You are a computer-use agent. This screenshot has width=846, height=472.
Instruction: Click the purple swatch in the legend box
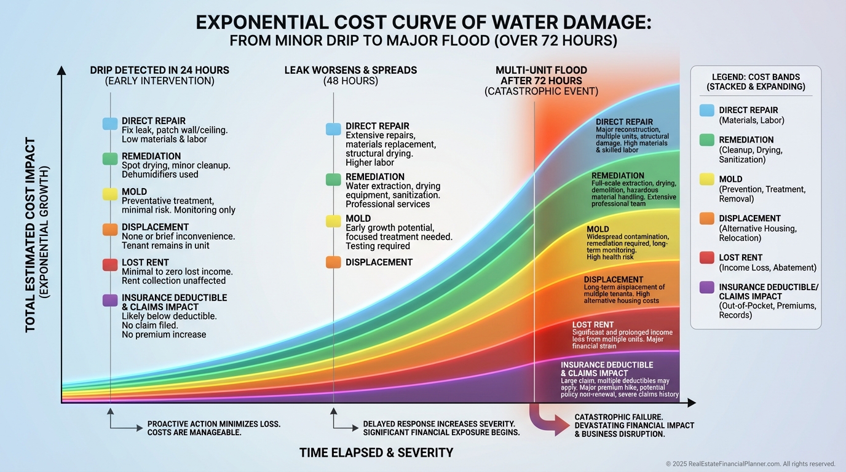(707, 287)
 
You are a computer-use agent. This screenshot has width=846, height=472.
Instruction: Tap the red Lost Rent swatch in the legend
(707, 258)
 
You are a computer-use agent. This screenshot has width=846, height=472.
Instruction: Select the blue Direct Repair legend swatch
(707, 111)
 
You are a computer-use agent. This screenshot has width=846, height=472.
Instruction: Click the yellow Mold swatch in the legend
(707, 179)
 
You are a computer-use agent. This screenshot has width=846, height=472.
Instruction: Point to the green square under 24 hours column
(110, 159)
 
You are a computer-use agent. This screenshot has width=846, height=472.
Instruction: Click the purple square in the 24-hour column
(110, 301)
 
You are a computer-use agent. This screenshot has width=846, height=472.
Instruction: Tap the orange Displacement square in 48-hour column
(333, 262)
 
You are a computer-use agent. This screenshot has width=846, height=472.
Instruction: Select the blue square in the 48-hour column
(333, 129)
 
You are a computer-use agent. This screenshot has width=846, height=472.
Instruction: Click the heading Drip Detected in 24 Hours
(159, 70)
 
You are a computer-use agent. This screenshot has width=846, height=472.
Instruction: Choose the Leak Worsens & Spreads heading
(350, 70)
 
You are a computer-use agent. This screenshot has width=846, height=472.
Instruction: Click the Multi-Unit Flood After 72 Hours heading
(541, 75)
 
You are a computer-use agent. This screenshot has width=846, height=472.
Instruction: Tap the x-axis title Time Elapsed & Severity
(376, 453)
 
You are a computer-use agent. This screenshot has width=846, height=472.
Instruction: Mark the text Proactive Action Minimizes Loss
(214, 424)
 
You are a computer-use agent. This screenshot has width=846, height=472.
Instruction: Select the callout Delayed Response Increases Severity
(439, 424)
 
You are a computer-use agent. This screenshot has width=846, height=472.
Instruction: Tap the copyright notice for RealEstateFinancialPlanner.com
(750, 464)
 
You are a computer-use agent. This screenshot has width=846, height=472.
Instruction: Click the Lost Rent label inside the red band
(593, 324)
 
